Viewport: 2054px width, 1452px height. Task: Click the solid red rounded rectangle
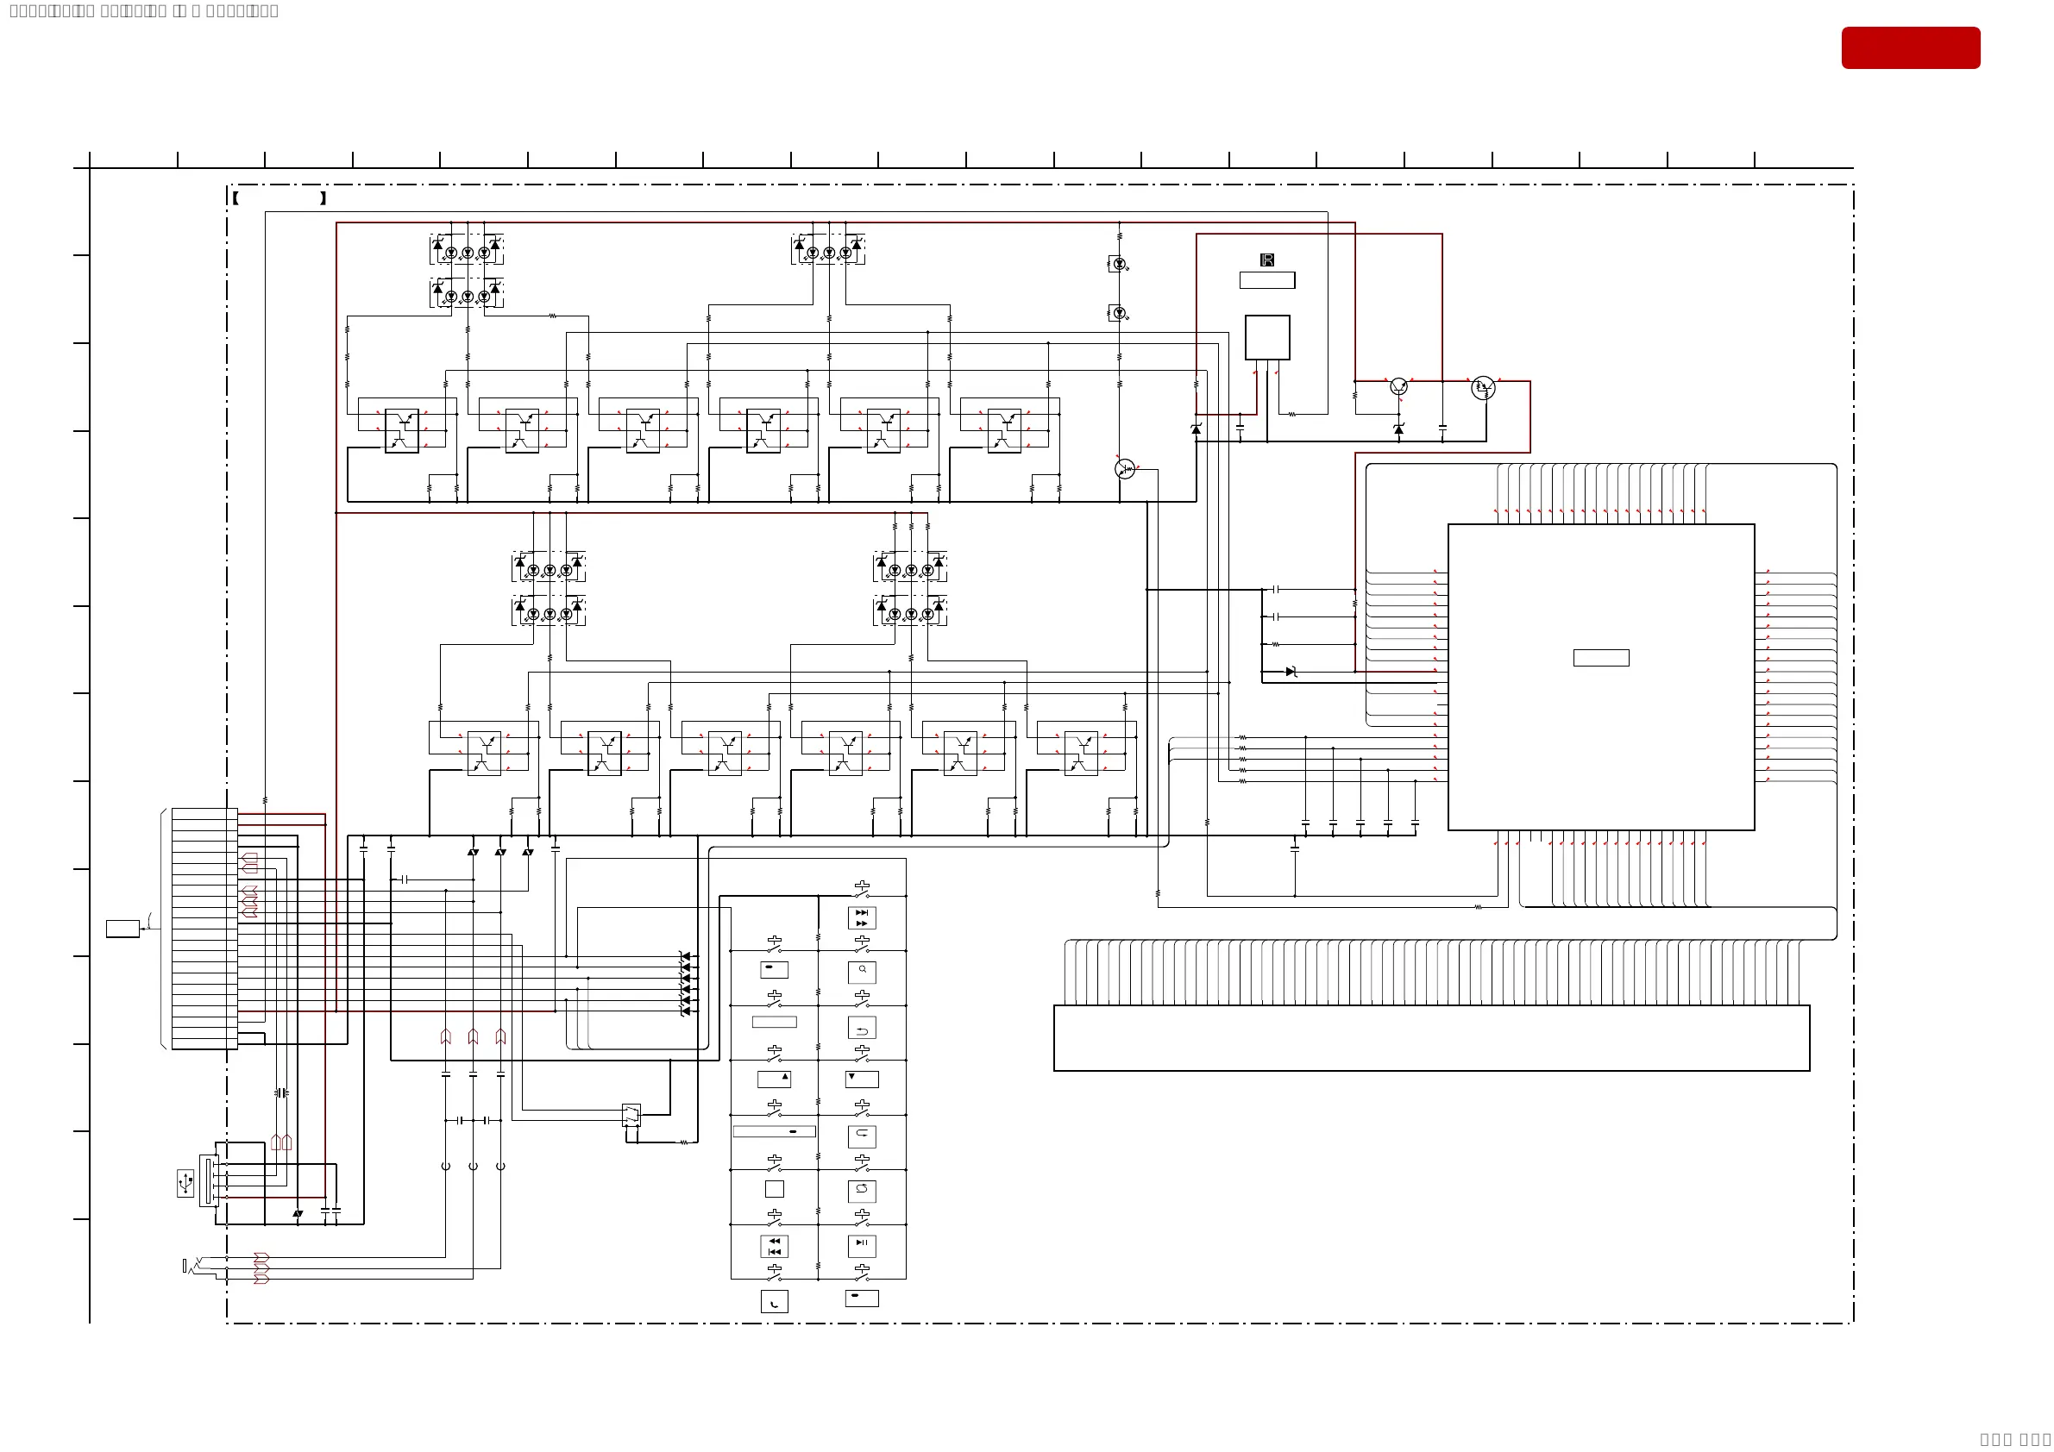[x=1910, y=47]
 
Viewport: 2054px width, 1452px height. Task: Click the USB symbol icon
[x=185, y=1183]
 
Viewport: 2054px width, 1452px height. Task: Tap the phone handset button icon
[x=774, y=1302]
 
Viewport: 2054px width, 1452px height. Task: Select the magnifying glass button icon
[x=862, y=971]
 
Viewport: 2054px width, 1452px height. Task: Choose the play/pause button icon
[x=862, y=1244]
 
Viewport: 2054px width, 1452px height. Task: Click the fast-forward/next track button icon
[x=862, y=917]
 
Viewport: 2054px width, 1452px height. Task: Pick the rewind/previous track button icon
[x=774, y=1245]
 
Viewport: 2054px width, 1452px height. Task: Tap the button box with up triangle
[x=774, y=1079]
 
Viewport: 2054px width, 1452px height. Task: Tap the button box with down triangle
[x=862, y=1079]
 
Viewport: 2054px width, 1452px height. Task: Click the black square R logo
[x=1266, y=260]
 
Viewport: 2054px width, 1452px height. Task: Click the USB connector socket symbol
[x=209, y=1180]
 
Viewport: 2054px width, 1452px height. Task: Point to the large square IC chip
[x=1600, y=677]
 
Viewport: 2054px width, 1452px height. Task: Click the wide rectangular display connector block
[x=1431, y=1037]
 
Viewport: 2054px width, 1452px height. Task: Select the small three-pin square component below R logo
[x=1266, y=337]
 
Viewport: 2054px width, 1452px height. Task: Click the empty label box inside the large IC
[x=1600, y=658]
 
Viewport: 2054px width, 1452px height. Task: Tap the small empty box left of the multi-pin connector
[x=122, y=928]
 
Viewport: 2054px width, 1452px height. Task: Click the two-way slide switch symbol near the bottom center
[x=631, y=1115]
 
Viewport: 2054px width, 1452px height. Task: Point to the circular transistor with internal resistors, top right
[x=1482, y=388]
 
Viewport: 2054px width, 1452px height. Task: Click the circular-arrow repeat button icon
[x=862, y=1190]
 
